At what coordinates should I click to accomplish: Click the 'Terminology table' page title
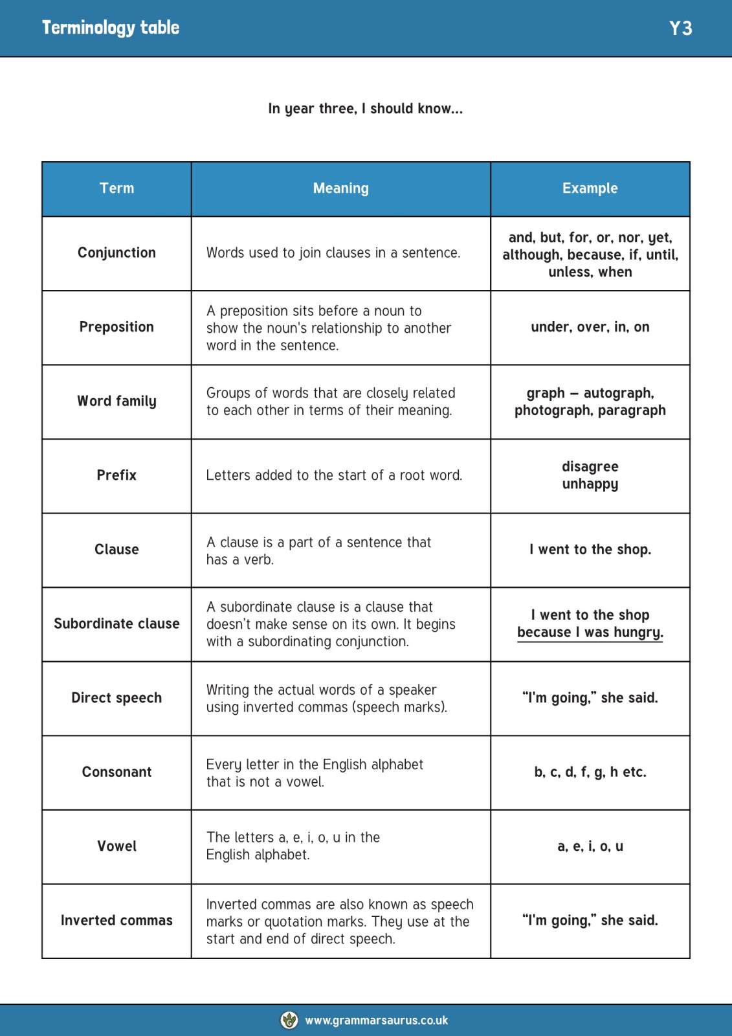(x=111, y=28)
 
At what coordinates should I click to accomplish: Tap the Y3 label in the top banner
(x=680, y=28)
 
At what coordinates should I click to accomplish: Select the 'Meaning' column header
(x=340, y=188)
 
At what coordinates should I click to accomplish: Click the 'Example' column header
(x=590, y=188)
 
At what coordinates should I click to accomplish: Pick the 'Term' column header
(x=116, y=188)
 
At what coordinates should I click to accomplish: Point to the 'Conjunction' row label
(x=116, y=253)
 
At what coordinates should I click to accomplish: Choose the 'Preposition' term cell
(x=116, y=327)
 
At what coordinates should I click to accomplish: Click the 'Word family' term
(x=116, y=401)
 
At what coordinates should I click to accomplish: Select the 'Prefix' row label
(x=116, y=475)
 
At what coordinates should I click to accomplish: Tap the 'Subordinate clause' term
(x=116, y=624)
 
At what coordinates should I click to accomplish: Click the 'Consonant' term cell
(x=116, y=772)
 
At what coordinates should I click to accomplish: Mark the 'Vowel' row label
(x=116, y=846)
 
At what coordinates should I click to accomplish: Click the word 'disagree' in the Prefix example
(x=590, y=467)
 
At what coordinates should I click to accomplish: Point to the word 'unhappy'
(x=590, y=484)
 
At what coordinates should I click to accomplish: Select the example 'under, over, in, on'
(x=590, y=327)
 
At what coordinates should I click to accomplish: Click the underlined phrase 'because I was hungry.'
(x=590, y=633)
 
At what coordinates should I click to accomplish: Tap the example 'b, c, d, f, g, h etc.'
(x=590, y=772)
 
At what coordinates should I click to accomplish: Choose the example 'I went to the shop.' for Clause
(x=590, y=550)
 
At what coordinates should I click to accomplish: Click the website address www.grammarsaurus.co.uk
(x=376, y=1020)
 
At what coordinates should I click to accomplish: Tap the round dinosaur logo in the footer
(x=289, y=1020)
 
